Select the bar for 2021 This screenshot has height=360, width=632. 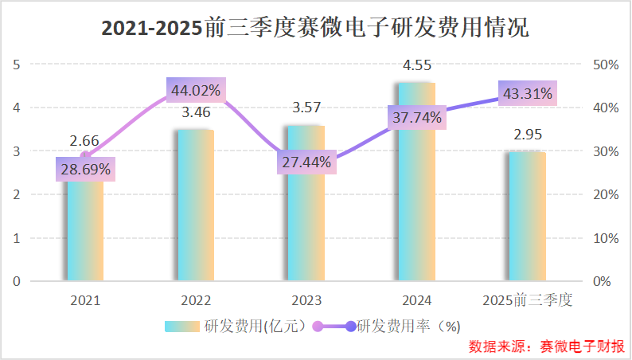pyautogui.click(x=85, y=231)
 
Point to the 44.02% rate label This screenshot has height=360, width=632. pyautogui.click(x=196, y=90)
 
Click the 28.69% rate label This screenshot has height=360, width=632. pyautogui.click(x=85, y=169)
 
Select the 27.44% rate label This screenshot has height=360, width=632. pyautogui.click(x=306, y=162)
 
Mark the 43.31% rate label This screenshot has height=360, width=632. pyautogui.click(x=527, y=93)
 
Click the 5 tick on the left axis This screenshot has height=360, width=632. pyautogui.click(x=17, y=64)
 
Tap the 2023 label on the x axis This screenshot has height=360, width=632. pyautogui.click(x=306, y=300)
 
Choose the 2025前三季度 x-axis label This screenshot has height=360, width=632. pyautogui.click(x=527, y=300)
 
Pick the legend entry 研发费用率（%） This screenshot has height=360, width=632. pyautogui.click(x=390, y=326)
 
